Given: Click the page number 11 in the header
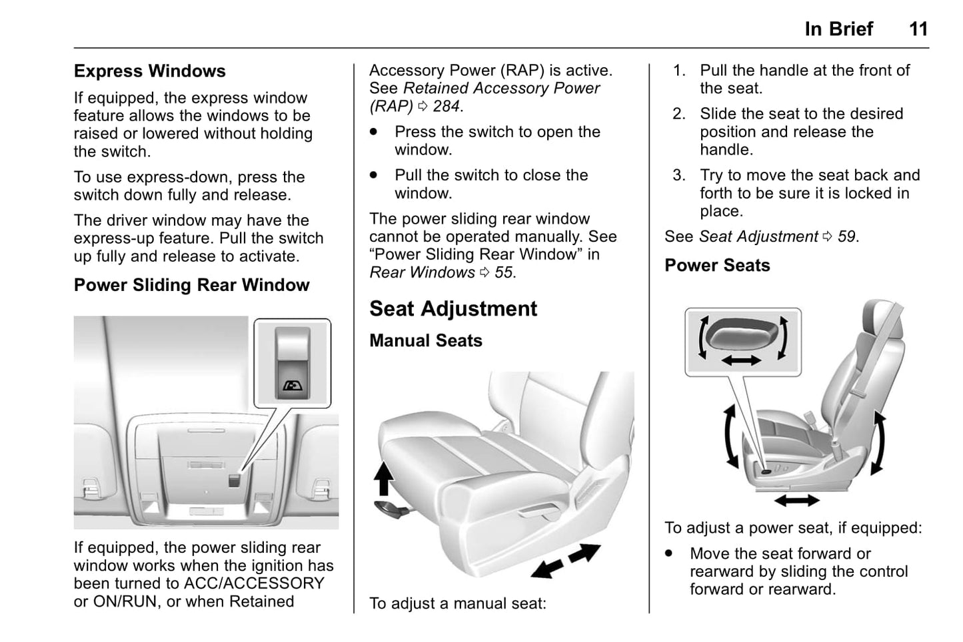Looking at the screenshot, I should [x=918, y=29].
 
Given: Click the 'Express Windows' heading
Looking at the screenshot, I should [x=150, y=71].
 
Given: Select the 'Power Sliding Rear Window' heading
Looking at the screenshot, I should [x=191, y=285].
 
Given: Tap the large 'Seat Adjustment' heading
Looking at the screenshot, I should [x=453, y=309].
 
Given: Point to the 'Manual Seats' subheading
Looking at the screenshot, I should [x=426, y=341].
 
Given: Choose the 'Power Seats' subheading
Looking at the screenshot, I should [x=717, y=266].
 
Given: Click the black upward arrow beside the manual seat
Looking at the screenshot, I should [x=383, y=479].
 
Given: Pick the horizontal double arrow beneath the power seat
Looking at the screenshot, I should [x=797, y=500].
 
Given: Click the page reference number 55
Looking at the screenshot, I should [x=504, y=272].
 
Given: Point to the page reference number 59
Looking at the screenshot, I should [x=846, y=236].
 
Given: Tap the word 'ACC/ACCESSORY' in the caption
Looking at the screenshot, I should [x=254, y=583].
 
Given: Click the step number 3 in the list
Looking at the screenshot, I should [x=678, y=175].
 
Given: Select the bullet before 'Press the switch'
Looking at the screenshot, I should [x=374, y=133].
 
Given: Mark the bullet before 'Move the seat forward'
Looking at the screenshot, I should [x=669, y=553].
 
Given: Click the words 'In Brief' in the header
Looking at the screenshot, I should [x=838, y=29].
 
